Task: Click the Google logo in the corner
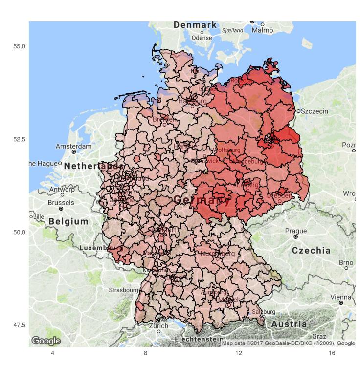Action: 45,341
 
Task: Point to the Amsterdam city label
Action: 73,146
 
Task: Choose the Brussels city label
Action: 61,202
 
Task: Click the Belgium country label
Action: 68,221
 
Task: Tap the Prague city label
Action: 295,231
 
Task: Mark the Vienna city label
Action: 340,297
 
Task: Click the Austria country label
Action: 289,324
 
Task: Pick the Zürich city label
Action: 158,325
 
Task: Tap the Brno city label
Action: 346,262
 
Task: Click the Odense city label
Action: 202,38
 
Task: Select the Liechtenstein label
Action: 198,339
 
